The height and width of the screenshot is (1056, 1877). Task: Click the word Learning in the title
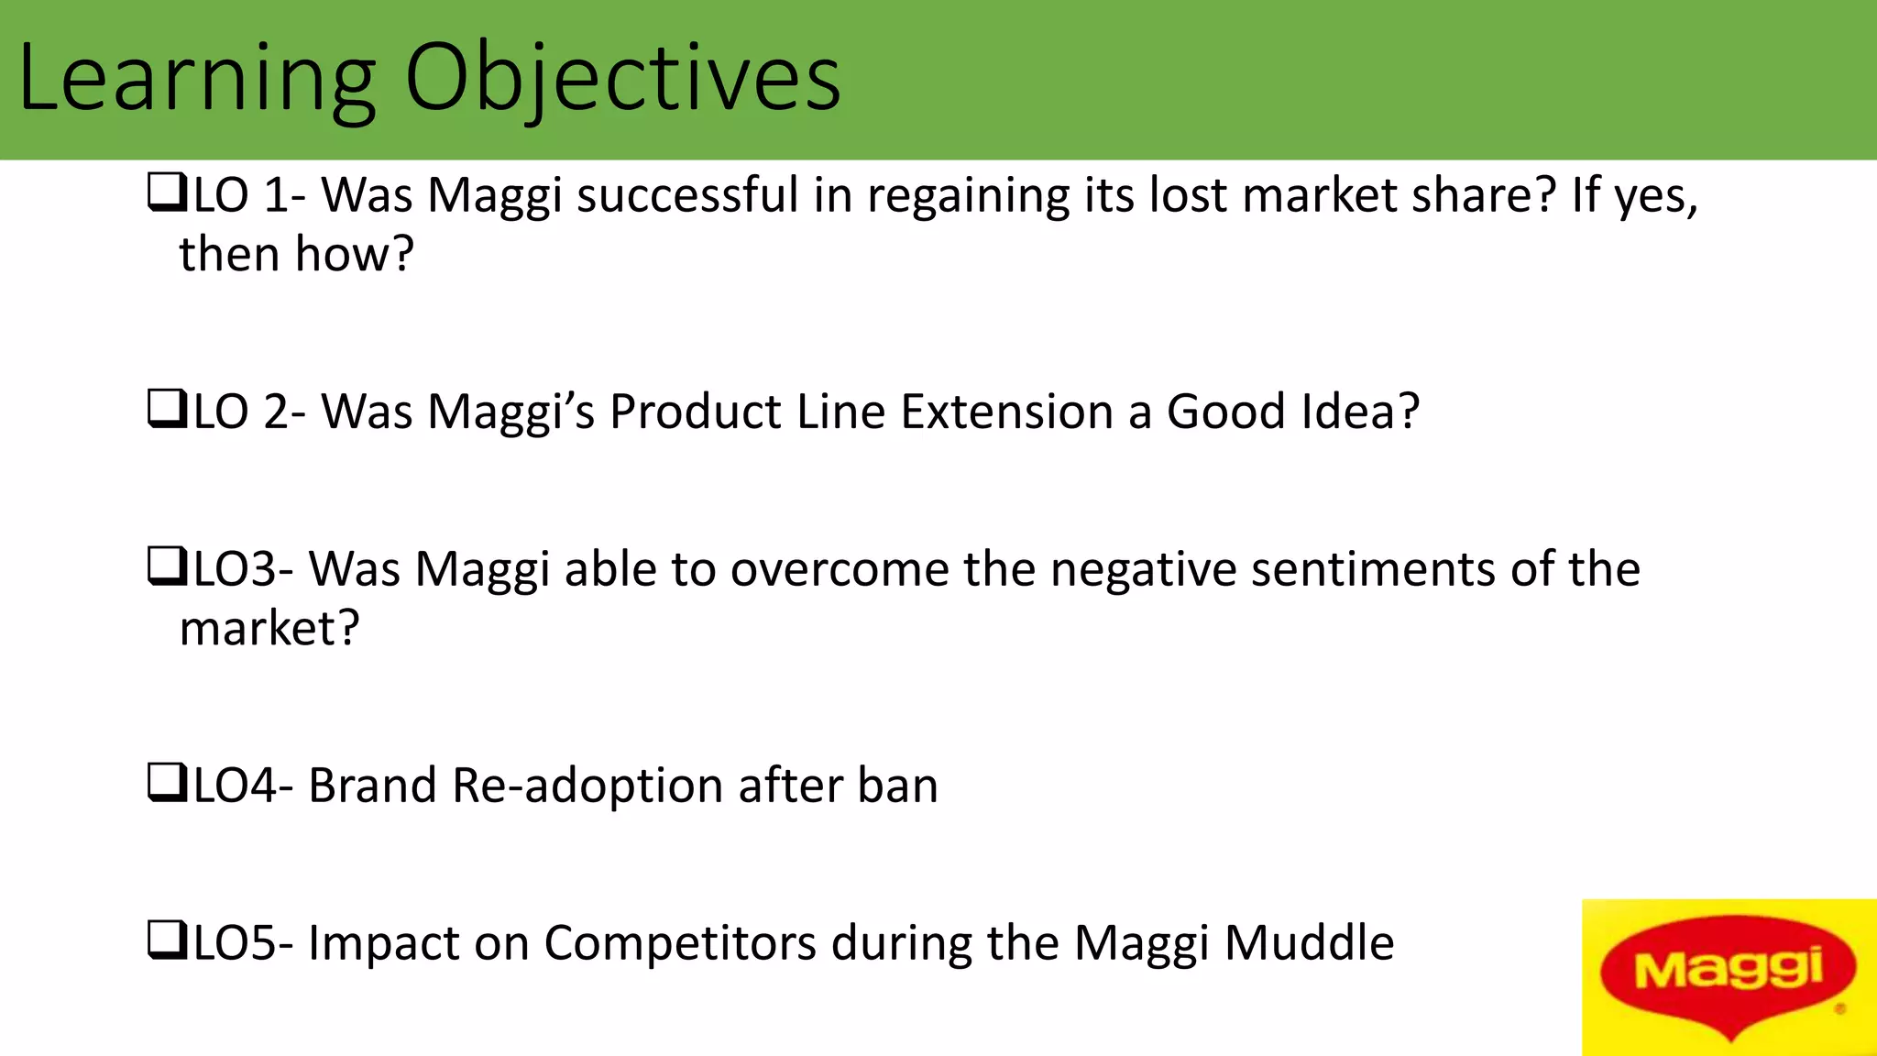[197, 81]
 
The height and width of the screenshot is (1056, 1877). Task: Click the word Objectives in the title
[622, 81]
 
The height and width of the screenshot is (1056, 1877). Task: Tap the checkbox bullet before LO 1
[166, 194]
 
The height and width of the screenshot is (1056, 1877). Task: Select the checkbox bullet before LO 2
[166, 410]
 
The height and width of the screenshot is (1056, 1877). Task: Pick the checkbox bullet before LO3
[166, 567]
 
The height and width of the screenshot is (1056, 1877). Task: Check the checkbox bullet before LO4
[166, 784]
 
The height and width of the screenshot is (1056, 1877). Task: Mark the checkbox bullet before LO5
[166, 941]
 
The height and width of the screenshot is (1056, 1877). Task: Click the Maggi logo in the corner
[1729, 977]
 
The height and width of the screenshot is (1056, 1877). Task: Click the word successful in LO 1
[687, 195]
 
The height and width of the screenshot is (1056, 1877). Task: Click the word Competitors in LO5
[679, 943]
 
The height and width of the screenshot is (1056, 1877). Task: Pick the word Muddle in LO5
[1309, 943]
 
